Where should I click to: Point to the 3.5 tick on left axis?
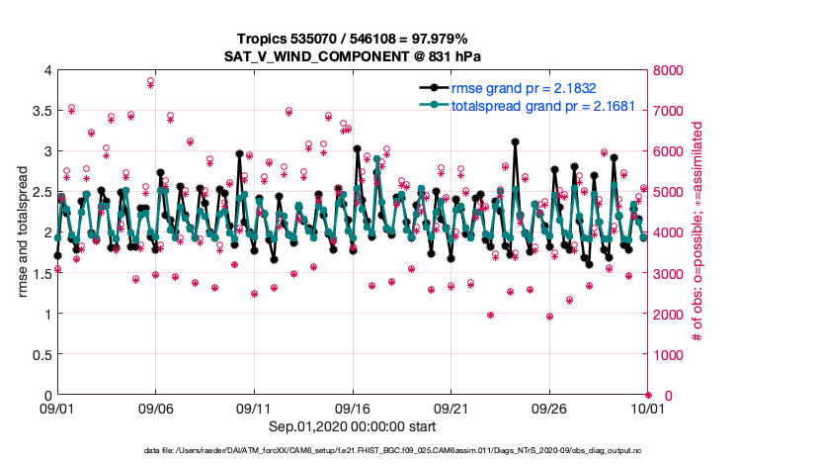click(41, 111)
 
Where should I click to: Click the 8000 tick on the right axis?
click(669, 70)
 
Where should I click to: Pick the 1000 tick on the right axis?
click(669, 355)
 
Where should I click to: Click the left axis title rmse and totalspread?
click(24, 232)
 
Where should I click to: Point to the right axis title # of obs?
click(697, 232)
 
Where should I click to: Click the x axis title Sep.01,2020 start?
click(353, 426)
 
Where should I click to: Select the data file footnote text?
click(409, 452)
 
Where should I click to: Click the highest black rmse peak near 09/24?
click(516, 142)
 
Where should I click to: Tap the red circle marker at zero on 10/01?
click(648, 396)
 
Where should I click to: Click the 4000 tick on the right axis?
click(669, 232)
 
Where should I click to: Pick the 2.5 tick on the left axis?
click(41, 192)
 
